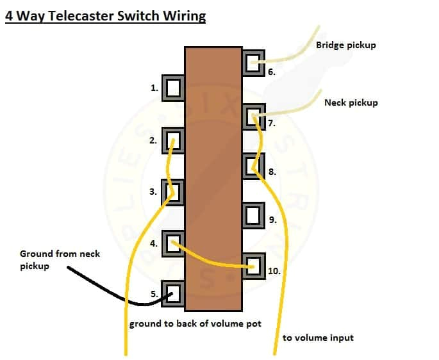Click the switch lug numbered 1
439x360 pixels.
(172, 88)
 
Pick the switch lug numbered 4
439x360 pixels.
(172, 243)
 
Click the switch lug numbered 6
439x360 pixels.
(254, 62)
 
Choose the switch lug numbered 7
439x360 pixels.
(254, 115)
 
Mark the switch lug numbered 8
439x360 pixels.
(254, 165)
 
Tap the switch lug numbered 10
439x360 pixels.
(254, 265)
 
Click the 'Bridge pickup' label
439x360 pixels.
(345, 45)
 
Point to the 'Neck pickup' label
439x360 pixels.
(351, 102)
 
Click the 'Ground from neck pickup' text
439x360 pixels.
(60, 259)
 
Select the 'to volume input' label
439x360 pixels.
(318, 338)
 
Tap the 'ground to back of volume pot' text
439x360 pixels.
(195, 323)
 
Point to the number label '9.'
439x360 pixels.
(272, 220)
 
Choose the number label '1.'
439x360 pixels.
(154, 88)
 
